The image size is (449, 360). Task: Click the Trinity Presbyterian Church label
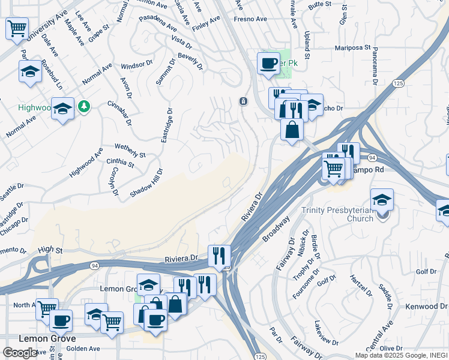337,214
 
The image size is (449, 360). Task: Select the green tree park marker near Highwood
85,106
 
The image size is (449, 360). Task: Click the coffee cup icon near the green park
268,63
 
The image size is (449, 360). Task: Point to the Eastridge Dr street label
166,125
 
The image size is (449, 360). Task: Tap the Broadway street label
276,229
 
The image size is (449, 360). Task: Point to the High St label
50,249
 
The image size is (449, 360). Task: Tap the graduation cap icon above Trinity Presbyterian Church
382,200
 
